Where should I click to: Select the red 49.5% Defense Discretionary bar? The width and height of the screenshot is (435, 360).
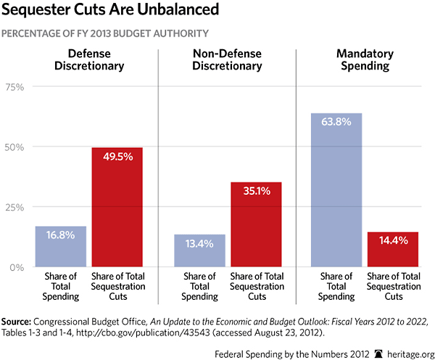pyautogui.click(x=117, y=206)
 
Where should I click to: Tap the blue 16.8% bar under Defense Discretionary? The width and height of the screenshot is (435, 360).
pyautogui.click(x=61, y=246)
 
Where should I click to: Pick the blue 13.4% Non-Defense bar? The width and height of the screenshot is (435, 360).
pyautogui.click(x=199, y=251)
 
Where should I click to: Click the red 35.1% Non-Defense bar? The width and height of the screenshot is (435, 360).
pyautogui.click(x=256, y=224)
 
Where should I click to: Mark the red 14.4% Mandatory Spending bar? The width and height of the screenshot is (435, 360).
pyautogui.click(x=393, y=249)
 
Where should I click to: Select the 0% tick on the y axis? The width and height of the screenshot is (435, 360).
pyautogui.click(x=17, y=267)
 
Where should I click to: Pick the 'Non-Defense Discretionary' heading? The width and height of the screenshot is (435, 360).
pyautogui.click(x=227, y=60)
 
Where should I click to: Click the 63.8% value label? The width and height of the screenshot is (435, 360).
pyautogui.click(x=336, y=122)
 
